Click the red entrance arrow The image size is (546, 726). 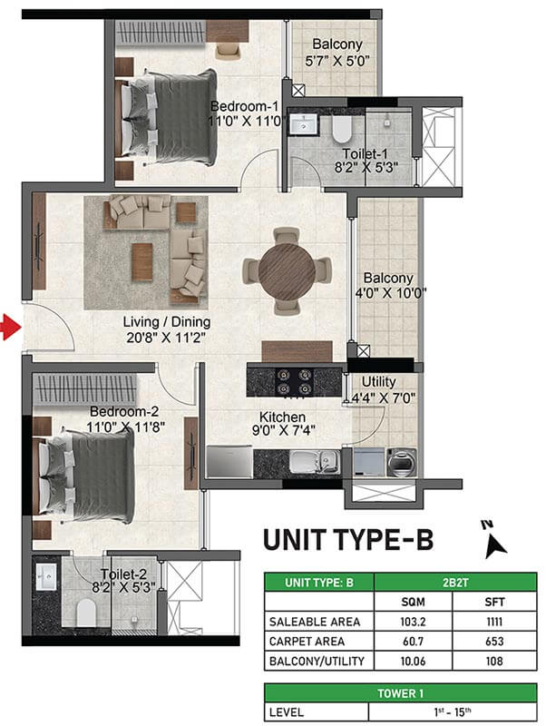point(11,328)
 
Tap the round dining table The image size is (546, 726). point(287,271)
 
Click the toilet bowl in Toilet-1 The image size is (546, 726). point(343,129)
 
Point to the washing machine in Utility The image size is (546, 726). point(401,462)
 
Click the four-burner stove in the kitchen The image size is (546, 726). point(293,381)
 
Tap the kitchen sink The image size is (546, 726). point(315,462)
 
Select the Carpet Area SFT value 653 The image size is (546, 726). point(494,642)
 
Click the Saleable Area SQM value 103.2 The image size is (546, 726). point(413,622)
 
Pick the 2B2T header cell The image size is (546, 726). point(455,582)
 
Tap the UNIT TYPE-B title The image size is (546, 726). point(348,540)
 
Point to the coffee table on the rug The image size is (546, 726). point(142,262)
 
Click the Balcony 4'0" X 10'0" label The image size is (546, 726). point(390,285)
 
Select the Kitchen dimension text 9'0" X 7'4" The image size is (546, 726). point(283,430)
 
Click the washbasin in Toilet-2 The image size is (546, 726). point(46,576)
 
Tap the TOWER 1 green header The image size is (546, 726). point(400,693)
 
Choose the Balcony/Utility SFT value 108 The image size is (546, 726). point(494,661)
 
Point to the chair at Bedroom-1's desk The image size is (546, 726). point(229,51)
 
